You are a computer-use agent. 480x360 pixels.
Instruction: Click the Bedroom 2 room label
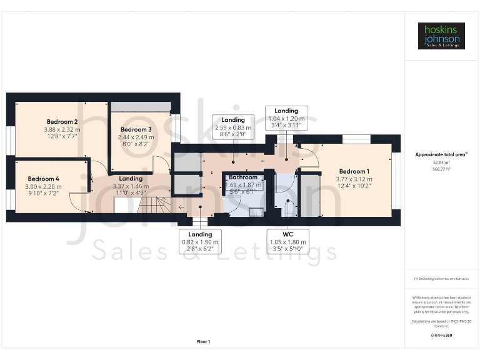tap(62, 122)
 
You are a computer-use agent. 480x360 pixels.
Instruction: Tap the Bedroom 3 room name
tap(136, 129)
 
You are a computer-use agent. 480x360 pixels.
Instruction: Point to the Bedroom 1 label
tap(354, 171)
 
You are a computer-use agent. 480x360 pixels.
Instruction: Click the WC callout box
tap(287, 241)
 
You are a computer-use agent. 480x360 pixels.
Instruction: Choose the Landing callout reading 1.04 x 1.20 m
tap(286, 117)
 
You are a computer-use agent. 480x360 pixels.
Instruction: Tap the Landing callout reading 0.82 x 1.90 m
tap(201, 241)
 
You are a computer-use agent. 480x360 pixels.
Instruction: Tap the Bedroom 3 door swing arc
tap(159, 164)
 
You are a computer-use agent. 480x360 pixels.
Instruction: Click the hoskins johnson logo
tap(441, 36)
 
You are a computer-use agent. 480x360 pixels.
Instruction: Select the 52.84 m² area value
tap(441, 161)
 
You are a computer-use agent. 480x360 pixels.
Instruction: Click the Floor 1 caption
tap(203, 342)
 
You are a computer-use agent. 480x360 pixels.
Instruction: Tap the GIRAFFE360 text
tap(441, 336)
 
